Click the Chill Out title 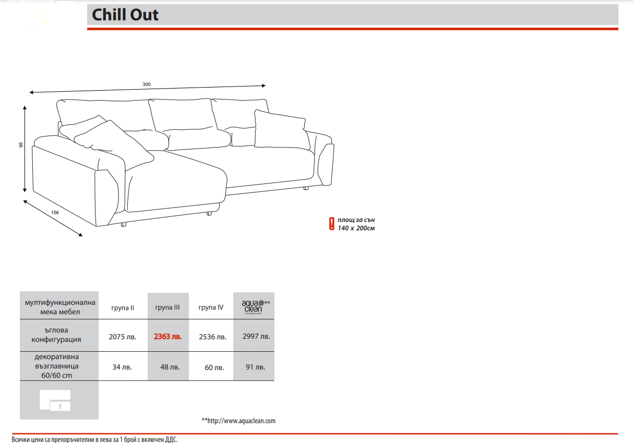[125, 15]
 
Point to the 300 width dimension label [147, 84]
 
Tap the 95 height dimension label [21, 145]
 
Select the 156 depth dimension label [55, 213]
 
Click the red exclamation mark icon [331, 224]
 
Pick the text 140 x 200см [356, 228]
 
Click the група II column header [123, 308]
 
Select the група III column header [168, 307]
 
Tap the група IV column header [211, 307]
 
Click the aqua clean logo [255, 307]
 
